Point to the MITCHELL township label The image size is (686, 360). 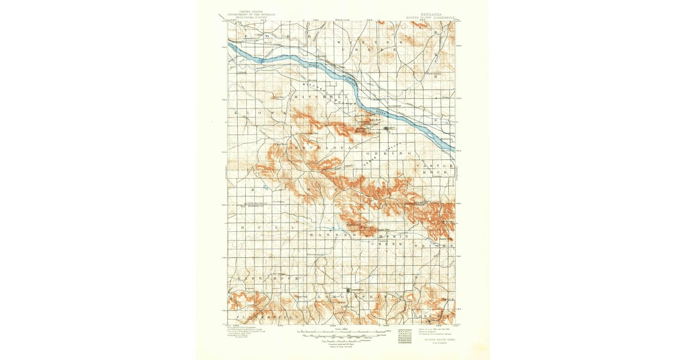coord(321,98)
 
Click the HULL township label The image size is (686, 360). coord(268,227)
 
